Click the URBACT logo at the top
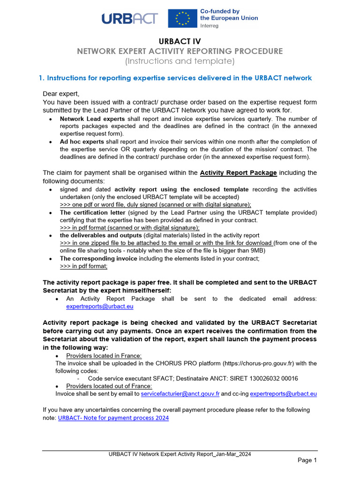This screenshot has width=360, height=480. point(129,18)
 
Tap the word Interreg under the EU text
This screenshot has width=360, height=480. point(210,26)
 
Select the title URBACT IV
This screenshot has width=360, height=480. point(180,42)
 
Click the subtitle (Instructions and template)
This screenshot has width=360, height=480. point(180,61)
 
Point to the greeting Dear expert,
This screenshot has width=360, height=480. point(61,94)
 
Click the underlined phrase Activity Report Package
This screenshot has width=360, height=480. point(238,172)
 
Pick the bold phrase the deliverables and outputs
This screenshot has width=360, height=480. point(100,235)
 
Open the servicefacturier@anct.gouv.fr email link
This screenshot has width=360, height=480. point(180,394)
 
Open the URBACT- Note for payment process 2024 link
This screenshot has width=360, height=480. point(113,418)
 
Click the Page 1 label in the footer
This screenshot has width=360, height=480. point(307,460)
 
